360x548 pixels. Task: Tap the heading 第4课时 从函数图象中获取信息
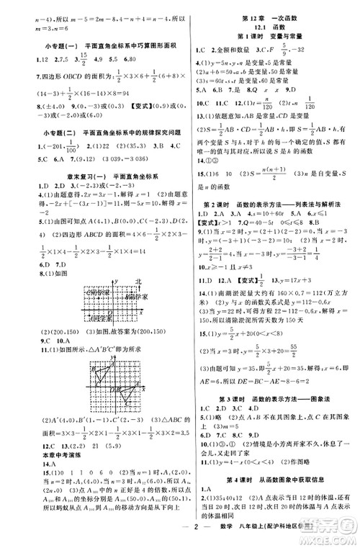coord(271,479)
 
